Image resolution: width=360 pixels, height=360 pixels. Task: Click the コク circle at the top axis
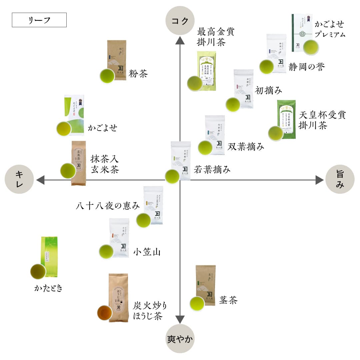180,21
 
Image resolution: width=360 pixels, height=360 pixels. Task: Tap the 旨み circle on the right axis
339,179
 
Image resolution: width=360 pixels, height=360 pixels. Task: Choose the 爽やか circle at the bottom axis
180,339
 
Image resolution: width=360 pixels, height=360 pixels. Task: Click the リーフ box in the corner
39,20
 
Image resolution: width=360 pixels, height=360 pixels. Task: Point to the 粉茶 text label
138,74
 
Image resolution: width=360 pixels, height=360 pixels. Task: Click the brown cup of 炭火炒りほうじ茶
104,312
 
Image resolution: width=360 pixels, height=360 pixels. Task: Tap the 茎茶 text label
228,300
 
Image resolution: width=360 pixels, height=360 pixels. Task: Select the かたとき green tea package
49,257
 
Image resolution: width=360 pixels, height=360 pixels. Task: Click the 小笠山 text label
147,252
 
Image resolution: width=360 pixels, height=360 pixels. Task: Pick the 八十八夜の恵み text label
108,206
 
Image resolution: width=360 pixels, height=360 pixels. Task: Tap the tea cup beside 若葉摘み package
172,177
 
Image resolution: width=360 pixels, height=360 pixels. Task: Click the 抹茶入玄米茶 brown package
79,163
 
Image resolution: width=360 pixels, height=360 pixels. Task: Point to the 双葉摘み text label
246,146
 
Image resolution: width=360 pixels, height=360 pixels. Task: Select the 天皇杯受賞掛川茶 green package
287,119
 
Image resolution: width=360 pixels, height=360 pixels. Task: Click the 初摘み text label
268,90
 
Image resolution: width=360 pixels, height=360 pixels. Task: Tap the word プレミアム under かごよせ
330,34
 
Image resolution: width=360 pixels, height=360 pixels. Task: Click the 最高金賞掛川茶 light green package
207,71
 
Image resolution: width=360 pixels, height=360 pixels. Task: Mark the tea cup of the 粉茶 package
107,76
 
